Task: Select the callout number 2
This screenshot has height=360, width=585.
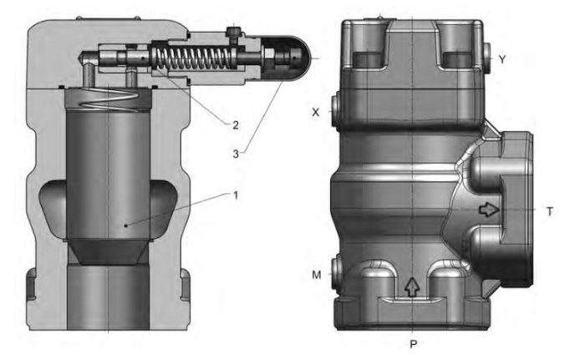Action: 236,125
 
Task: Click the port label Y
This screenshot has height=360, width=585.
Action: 501,58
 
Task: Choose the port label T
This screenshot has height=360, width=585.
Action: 549,212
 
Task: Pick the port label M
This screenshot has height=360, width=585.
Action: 315,273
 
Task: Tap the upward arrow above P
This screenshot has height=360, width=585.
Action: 410,286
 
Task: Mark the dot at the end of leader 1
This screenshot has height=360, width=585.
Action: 125,225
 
